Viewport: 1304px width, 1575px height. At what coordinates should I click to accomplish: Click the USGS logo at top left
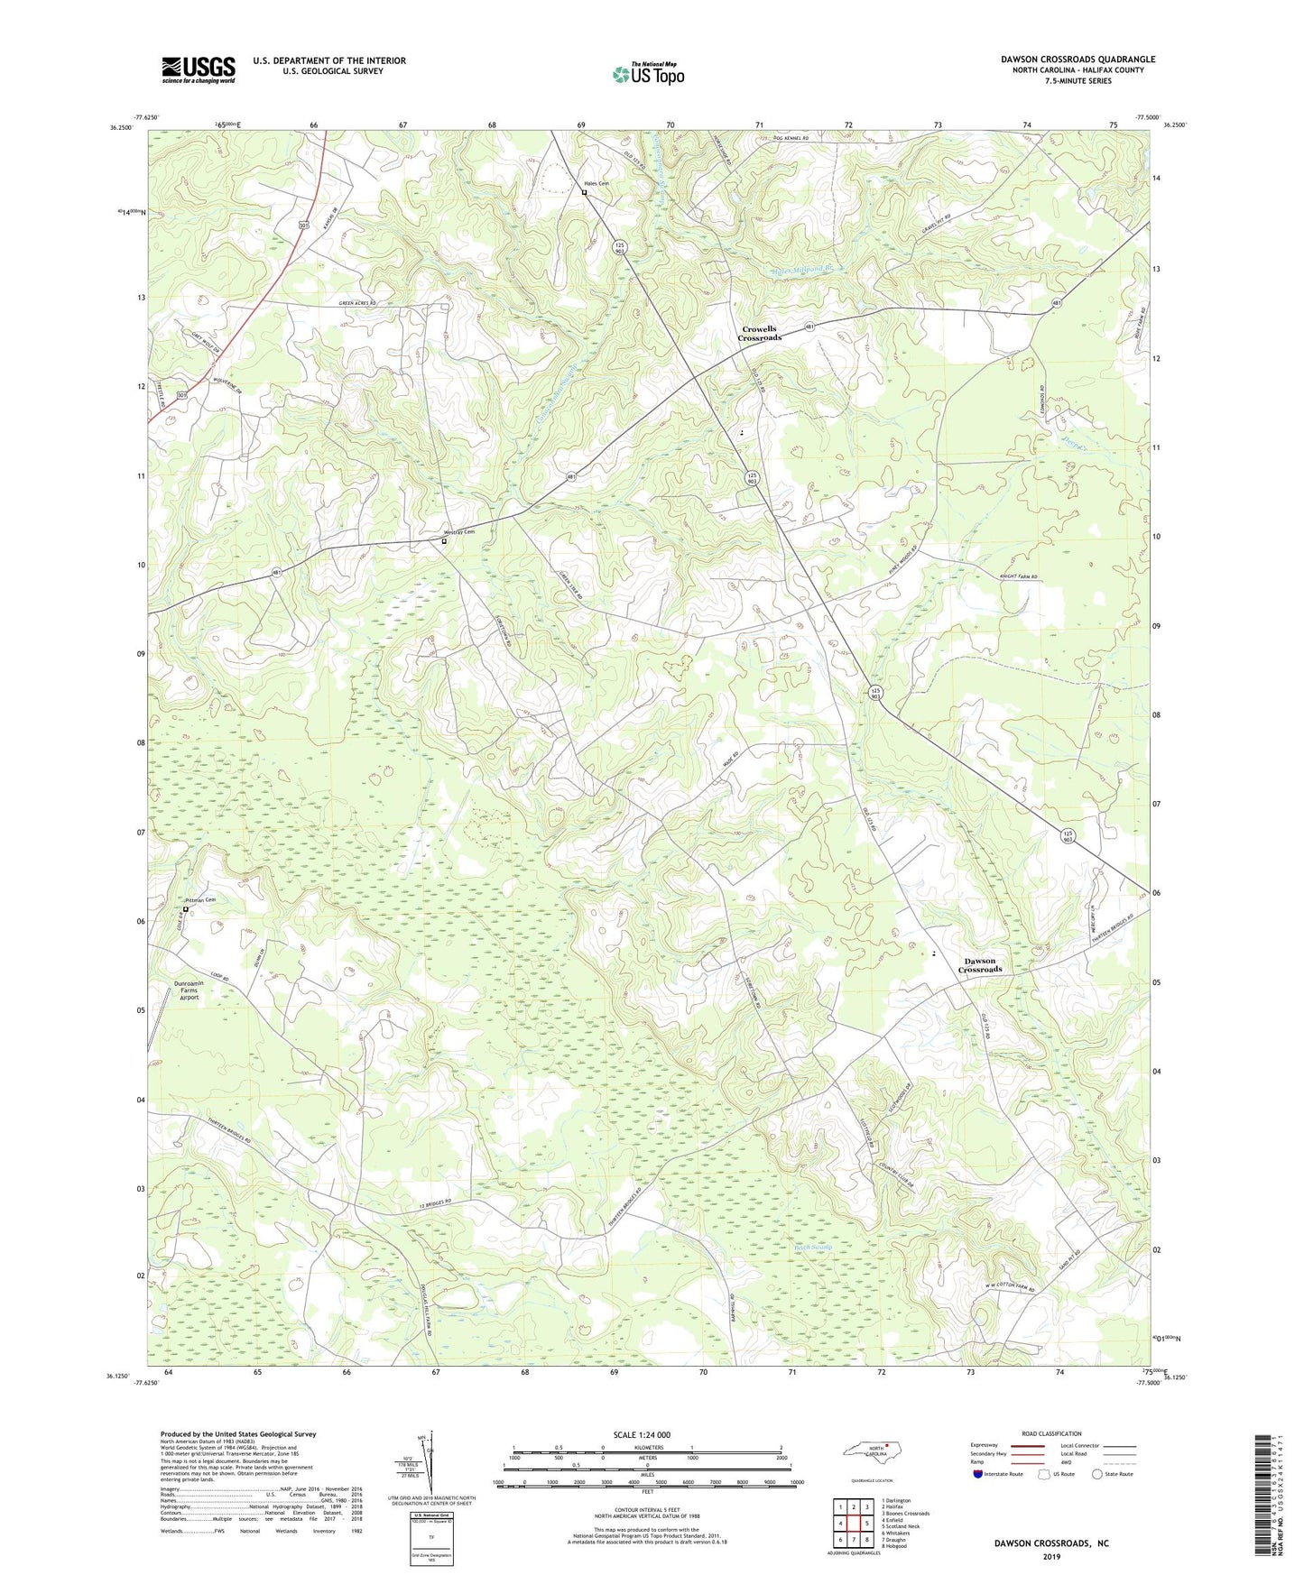tap(199, 69)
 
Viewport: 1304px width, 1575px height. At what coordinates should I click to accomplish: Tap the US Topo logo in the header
tap(648, 74)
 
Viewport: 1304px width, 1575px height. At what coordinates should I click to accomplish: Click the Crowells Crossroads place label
tap(760, 333)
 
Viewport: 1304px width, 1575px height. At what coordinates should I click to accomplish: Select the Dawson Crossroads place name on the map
tap(980, 965)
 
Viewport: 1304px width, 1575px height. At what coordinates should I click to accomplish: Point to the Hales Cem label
tap(597, 183)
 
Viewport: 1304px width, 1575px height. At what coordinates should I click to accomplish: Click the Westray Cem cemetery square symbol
tap(444, 541)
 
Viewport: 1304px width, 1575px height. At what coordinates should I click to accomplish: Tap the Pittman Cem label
tap(201, 900)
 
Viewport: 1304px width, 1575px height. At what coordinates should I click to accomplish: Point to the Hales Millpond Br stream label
tap(808, 269)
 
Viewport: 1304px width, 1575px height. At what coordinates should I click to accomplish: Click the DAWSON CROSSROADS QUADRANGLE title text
tap(1077, 60)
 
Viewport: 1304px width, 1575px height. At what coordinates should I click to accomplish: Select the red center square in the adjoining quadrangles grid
tap(853, 1524)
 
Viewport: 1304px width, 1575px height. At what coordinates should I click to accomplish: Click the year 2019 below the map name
tap(1050, 1556)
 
